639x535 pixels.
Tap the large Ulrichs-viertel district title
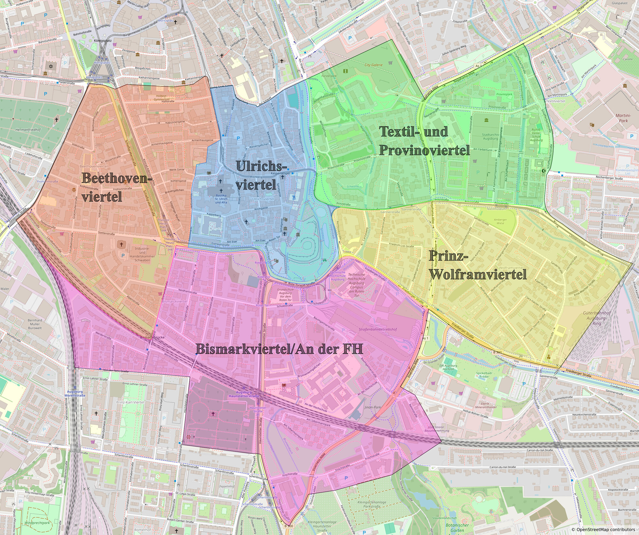[260, 175]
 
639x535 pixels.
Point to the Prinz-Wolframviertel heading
[477, 265]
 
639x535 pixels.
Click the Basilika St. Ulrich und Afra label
[221, 198]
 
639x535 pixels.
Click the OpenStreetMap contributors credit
[604, 530]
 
